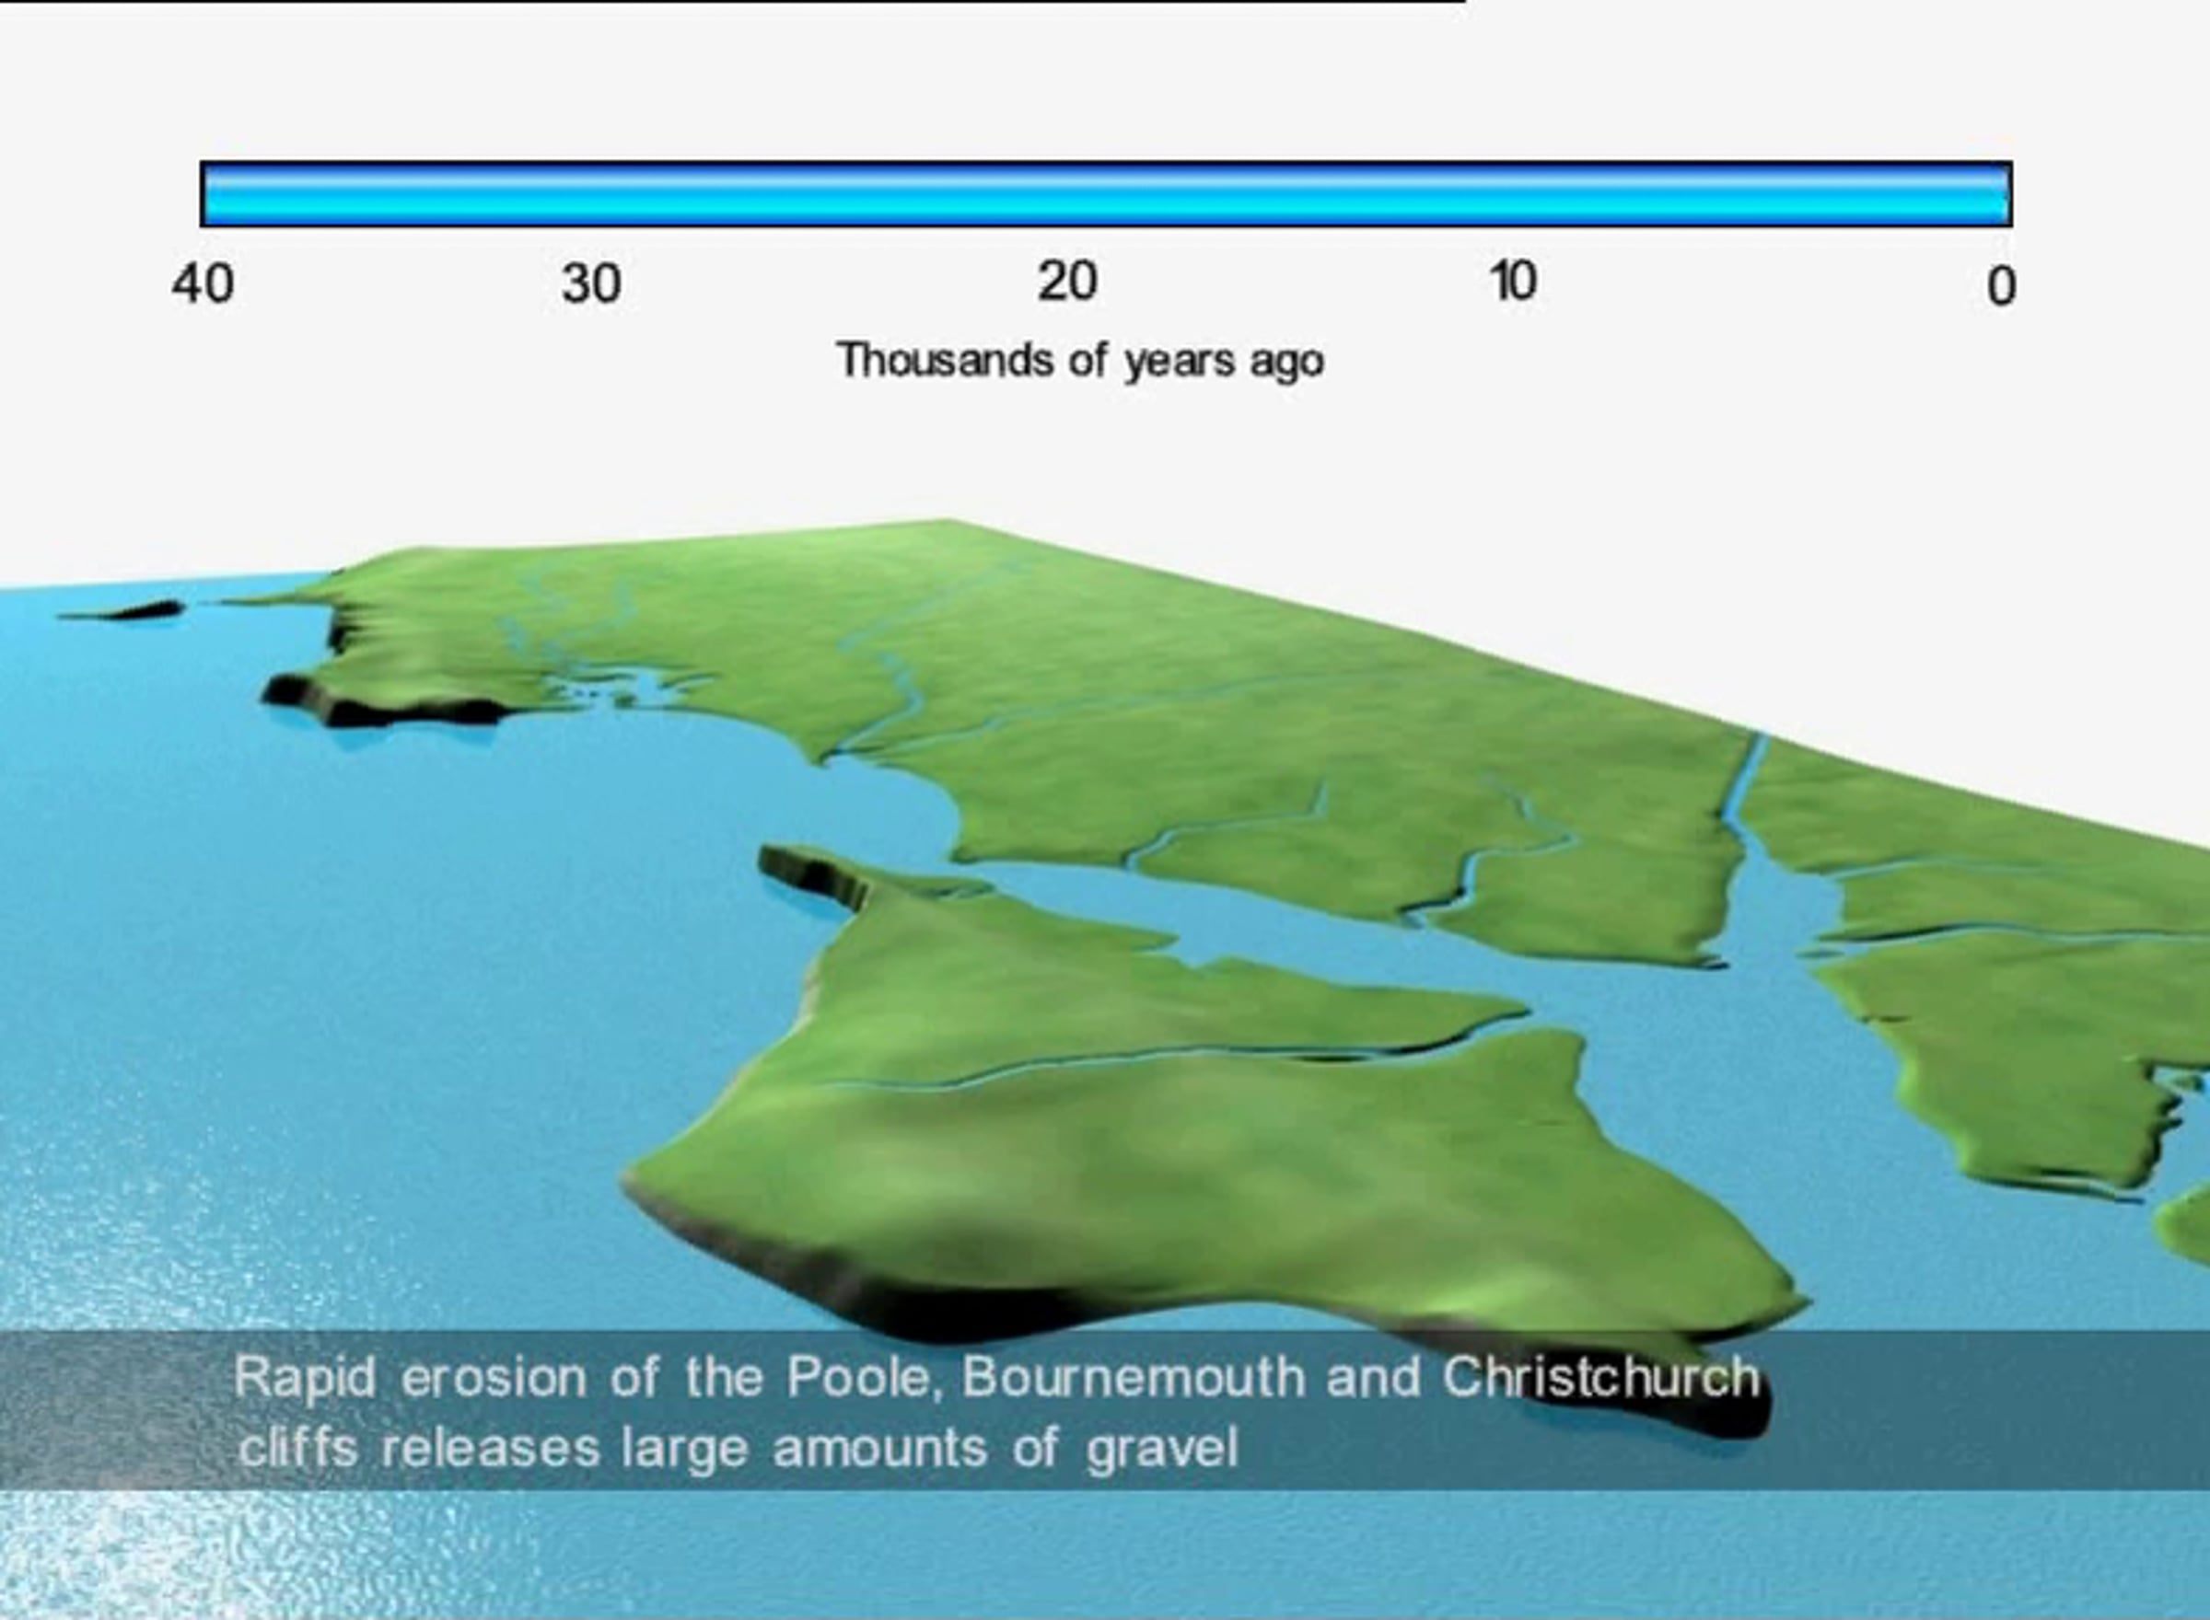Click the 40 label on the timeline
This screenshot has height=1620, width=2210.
(x=204, y=284)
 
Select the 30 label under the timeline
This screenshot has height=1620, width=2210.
(x=590, y=284)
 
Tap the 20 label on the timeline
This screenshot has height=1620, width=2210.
(x=1067, y=282)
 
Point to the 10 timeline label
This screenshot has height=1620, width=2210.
(x=1513, y=282)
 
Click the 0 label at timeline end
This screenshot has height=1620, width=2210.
(x=2001, y=287)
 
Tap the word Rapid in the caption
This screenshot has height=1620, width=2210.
(x=305, y=1378)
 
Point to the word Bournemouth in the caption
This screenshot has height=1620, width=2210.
(x=1133, y=1377)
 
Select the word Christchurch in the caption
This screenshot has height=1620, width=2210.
(x=1600, y=1377)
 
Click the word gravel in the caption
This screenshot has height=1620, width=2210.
(x=1162, y=1450)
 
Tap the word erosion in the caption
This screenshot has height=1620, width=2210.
(x=493, y=1379)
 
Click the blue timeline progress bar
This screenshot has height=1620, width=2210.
(x=1107, y=194)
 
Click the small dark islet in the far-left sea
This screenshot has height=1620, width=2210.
(x=122, y=611)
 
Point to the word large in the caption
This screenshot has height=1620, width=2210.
(x=685, y=1450)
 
